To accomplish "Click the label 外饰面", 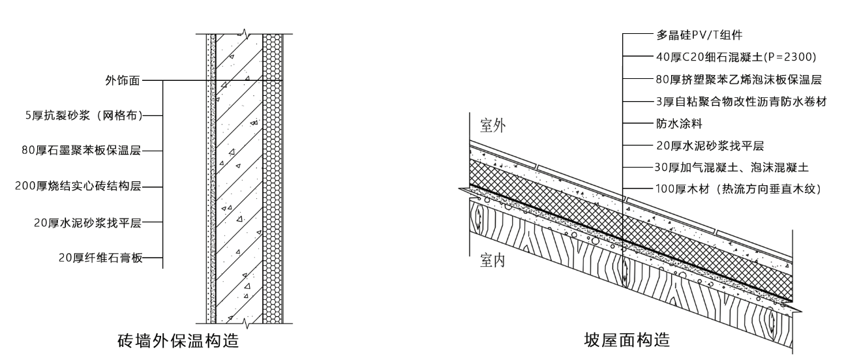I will (122, 82).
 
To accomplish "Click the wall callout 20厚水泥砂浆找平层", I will (87, 222).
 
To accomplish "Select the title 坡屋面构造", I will (626, 340).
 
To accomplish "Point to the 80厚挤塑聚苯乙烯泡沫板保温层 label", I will (738, 80).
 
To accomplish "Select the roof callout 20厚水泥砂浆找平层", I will (708, 145).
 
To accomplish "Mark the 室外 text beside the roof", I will (493, 124).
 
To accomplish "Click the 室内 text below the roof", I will (493, 262).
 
